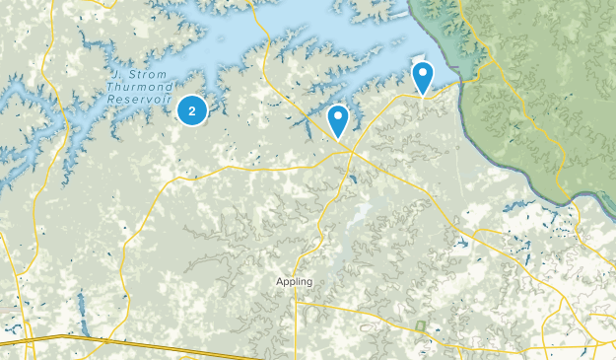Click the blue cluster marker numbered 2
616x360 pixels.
[x=192, y=109]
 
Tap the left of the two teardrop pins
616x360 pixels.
[x=338, y=119]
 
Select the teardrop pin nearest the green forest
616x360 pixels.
[x=423, y=76]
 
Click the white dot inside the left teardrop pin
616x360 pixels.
[x=338, y=116]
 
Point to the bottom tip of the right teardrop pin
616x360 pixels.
[x=423, y=95]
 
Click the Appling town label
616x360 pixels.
[x=294, y=281]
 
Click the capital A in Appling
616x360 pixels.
[x=279, y=281]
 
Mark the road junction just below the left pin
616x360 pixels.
[x=347, y=148]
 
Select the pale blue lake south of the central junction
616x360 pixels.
[x=356, y=213]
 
